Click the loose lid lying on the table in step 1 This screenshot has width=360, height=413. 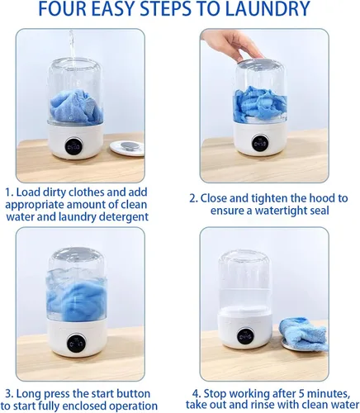(127, 148)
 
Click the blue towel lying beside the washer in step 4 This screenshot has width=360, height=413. (303, 334)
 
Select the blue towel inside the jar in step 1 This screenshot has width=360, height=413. (77, 107)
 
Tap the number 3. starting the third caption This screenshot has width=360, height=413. (10, 394)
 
